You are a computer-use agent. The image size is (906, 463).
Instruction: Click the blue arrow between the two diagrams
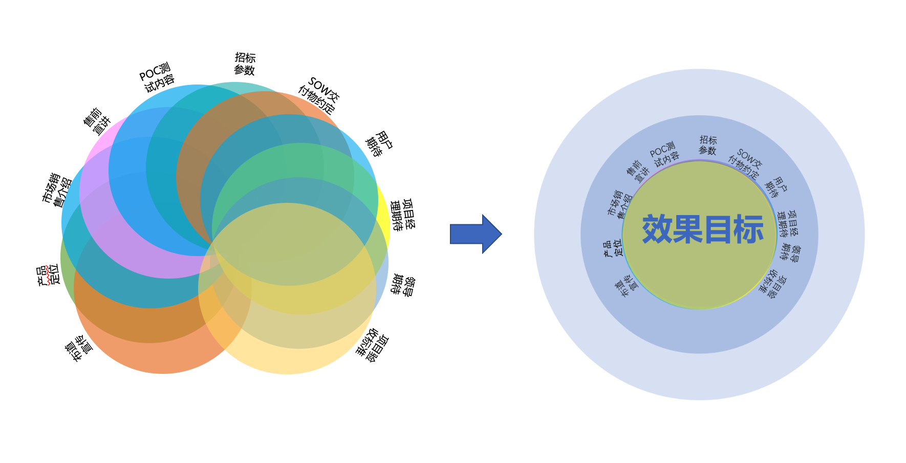475,234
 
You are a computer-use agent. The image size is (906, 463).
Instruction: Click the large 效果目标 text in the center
702,229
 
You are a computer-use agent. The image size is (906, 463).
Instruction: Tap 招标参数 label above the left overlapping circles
245,64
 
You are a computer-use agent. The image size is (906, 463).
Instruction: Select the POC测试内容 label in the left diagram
157,78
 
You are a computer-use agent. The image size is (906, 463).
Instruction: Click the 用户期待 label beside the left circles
379,144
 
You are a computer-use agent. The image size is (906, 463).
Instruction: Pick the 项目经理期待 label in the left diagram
402,215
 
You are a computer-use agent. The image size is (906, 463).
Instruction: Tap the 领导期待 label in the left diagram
403,285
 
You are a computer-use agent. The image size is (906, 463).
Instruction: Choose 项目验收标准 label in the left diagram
373,345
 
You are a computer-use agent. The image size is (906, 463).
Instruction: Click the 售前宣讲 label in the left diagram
97,122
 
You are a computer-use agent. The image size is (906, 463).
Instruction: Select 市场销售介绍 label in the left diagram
57,190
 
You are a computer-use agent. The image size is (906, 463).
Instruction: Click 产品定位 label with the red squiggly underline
48,275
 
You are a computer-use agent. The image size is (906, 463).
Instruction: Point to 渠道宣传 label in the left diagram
79,348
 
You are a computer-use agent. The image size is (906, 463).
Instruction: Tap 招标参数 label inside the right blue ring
708,145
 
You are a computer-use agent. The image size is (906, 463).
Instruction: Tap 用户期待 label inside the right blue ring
775,187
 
